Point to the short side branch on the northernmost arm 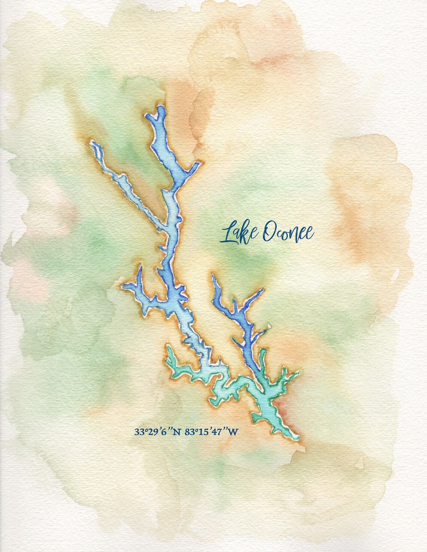coord(195,166)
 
